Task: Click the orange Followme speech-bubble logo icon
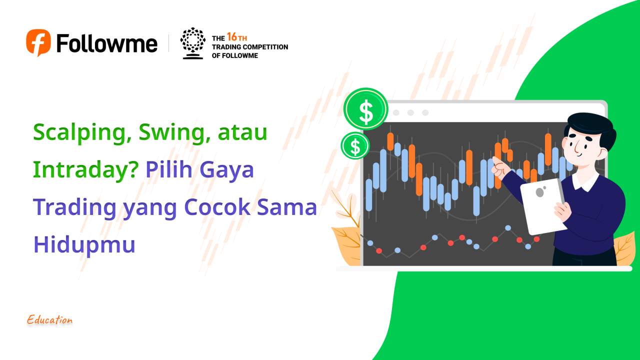(38, 42)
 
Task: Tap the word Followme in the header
(107, 43)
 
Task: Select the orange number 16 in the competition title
(231, 37)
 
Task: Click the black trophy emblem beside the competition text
(192, 43)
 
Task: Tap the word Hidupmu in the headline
(84, 245)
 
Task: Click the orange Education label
(50, 320)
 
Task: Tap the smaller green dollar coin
(355, 146)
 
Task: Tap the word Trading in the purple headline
(75, 207)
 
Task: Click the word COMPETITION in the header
(264, 47)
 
